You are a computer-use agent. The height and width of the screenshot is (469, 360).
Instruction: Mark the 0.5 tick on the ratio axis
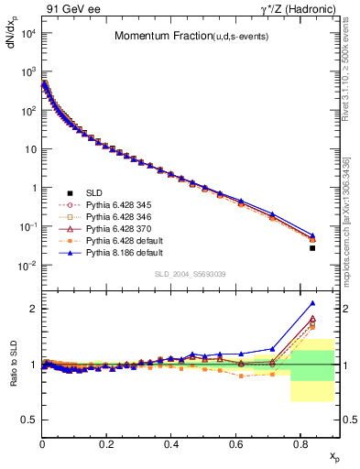(29, 420)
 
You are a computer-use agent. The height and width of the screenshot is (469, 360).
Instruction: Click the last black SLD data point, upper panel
(312, 248)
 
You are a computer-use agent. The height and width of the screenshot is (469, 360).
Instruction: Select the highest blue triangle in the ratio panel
(312, 303)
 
